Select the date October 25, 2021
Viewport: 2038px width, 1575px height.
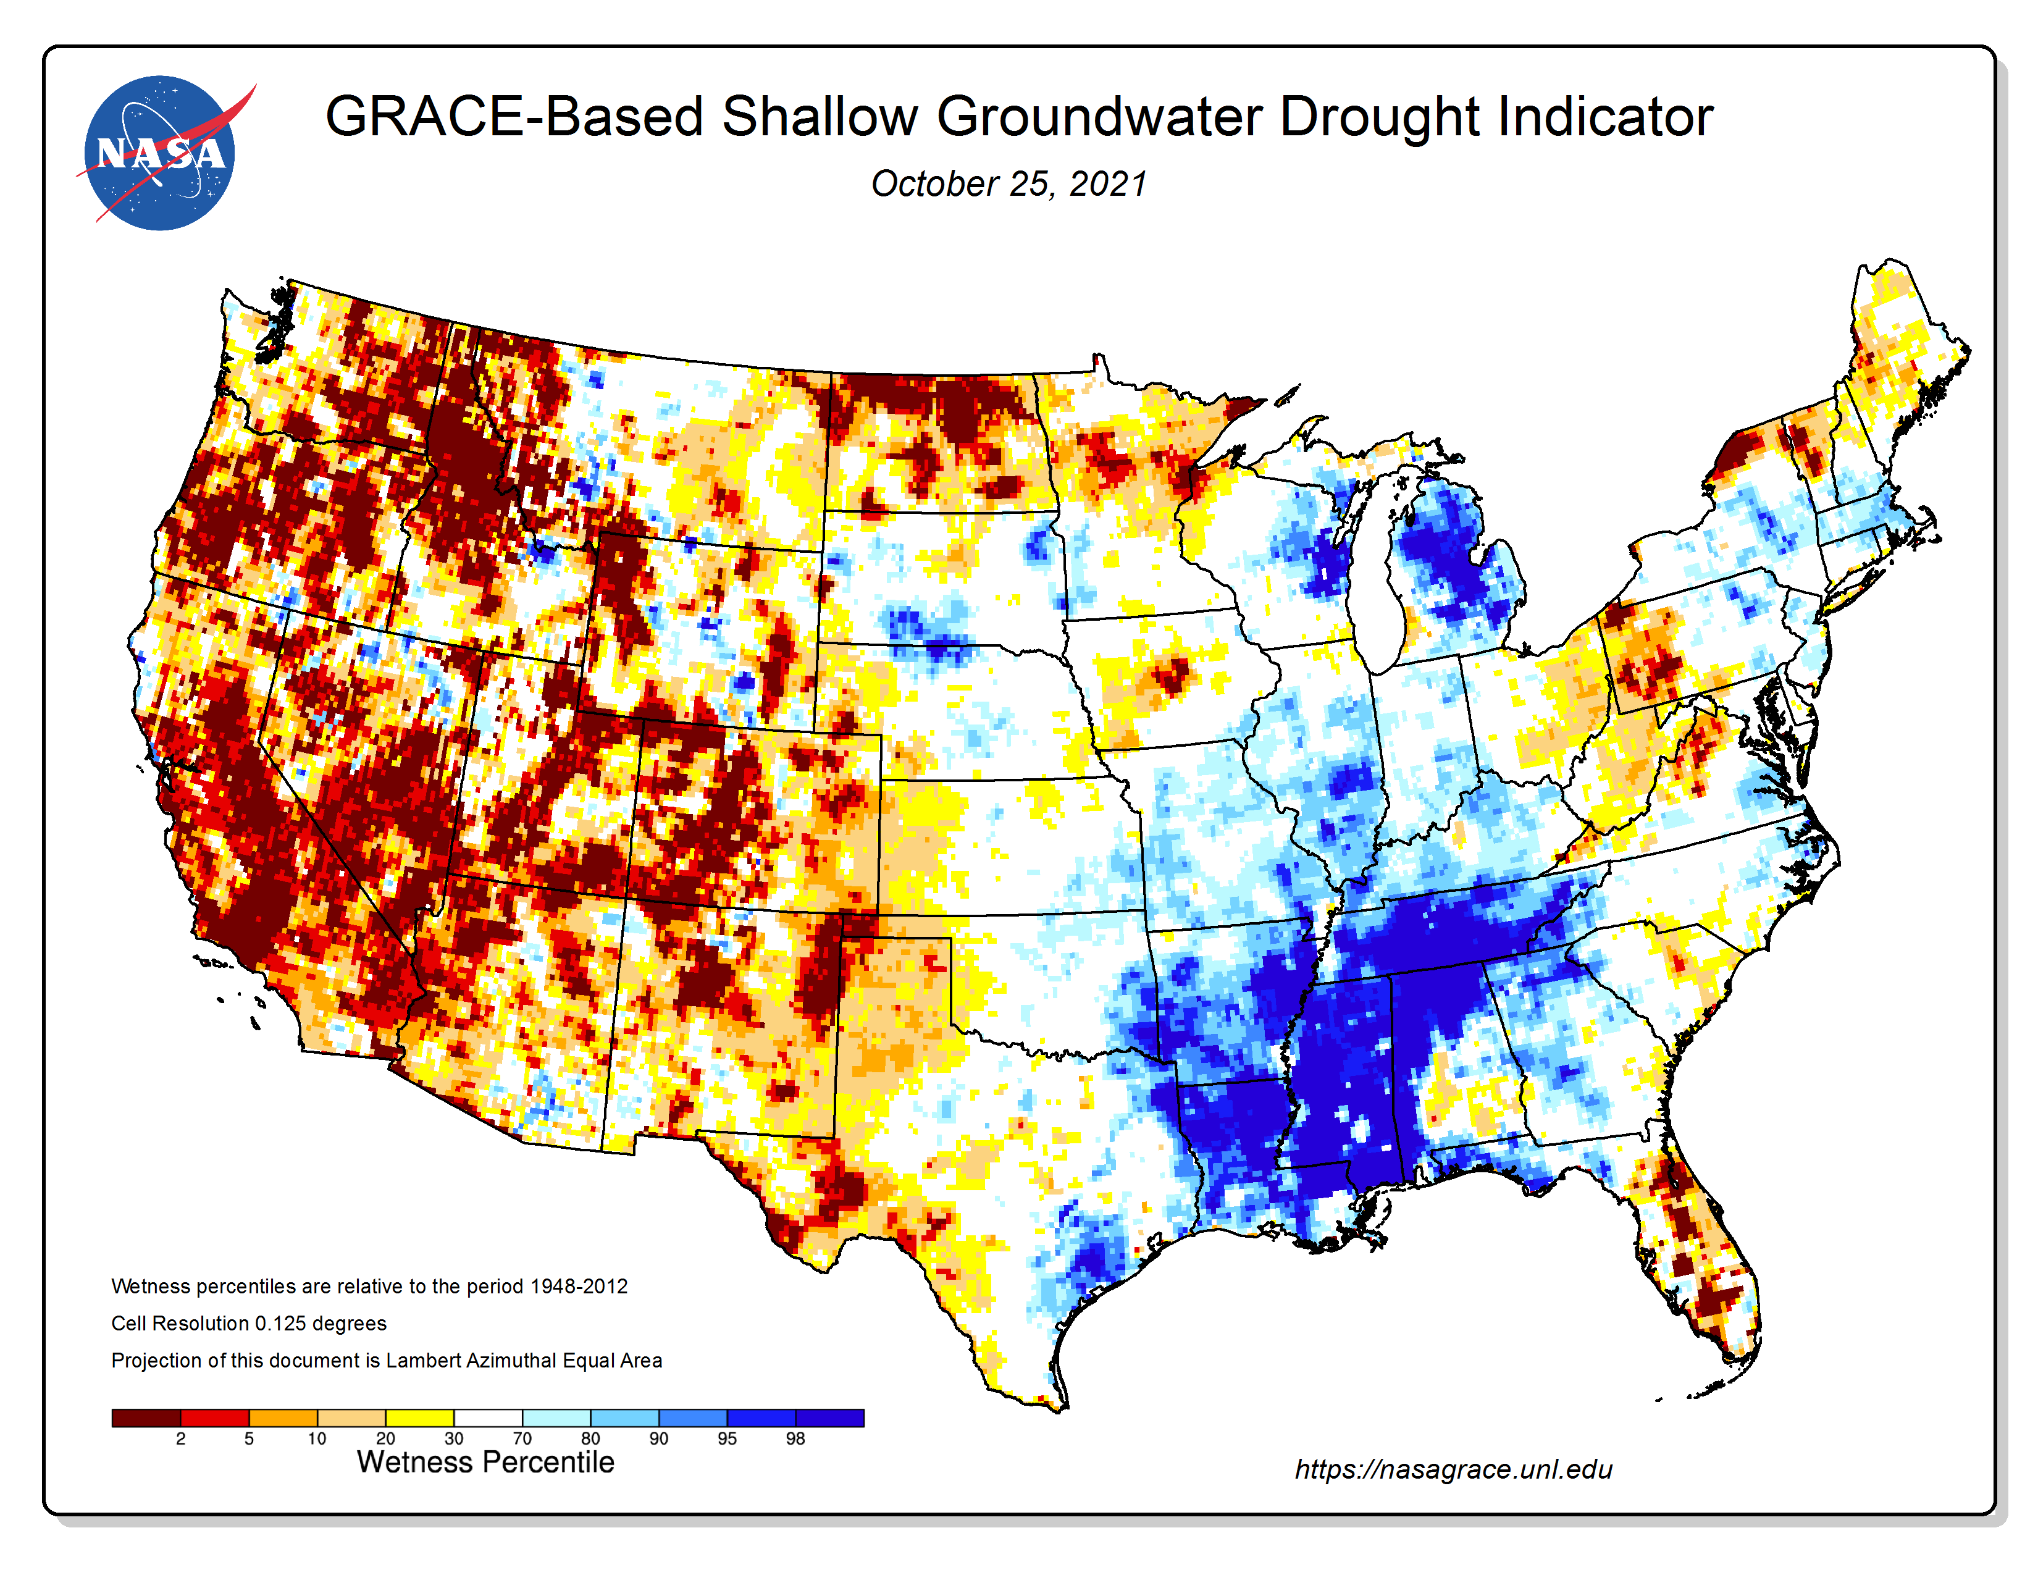[x=1009, y=184]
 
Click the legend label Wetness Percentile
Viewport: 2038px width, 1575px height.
[x=485, y=1462]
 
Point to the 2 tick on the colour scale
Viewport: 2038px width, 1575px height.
[x=180, y=1438]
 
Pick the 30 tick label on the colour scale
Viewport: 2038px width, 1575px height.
[x=453, y=1438]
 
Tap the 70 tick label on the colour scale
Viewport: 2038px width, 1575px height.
[x=522, y=1438]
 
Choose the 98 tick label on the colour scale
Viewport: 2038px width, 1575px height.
[x=795, y=1438]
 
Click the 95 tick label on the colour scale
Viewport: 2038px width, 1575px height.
[x=727, y=1438]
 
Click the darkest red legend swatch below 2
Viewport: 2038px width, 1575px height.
[x=146, y=1418]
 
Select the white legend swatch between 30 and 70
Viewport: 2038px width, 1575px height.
[x=488, y=1418]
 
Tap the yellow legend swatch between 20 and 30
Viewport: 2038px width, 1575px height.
[x=420, y=1418]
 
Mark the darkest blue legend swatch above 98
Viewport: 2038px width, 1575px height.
[x=829, y=1418]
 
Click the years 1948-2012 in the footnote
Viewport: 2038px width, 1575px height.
[x=579, y=1287]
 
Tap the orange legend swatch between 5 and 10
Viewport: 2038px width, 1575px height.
[x=283, y=1418]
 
